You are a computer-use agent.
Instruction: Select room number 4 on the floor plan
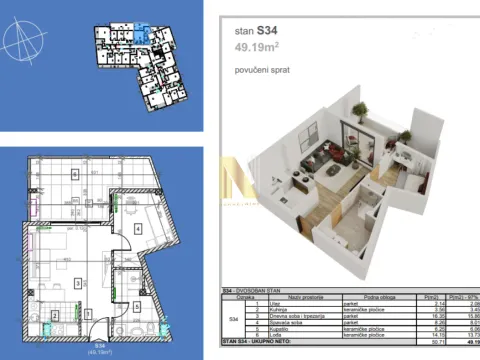click(x=138, y=227)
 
